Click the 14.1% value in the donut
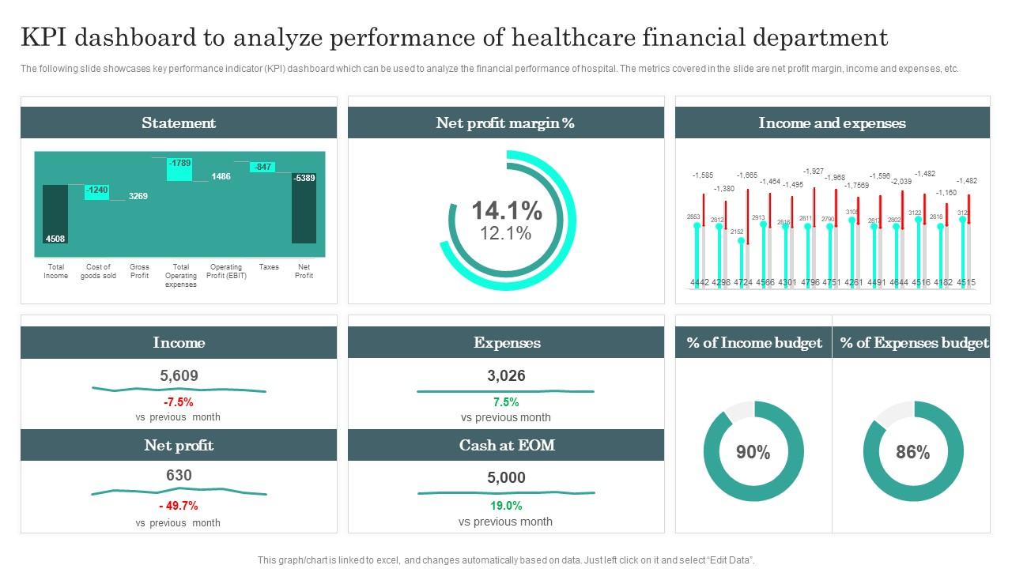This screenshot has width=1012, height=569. [507, 211]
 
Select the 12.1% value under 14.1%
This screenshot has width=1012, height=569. [506, 234]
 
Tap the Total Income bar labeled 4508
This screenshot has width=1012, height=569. [55, 214]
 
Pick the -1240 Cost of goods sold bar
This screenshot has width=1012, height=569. [97, 190]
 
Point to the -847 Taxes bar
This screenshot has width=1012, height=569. [262, 167]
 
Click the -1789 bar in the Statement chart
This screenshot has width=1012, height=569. [179, 169]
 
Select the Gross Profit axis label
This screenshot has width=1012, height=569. [139, 271]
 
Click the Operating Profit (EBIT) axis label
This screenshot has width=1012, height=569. [225, 271]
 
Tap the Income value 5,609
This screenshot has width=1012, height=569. [179, 376]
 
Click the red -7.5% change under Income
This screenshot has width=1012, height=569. [179, 402]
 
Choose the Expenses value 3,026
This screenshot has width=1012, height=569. [506, 376]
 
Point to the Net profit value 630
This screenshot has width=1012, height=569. [179, 476]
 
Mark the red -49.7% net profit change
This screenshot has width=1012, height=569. [179, 506]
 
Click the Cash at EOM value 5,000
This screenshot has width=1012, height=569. [506, 477]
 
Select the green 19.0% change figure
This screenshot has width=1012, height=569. [506, 506]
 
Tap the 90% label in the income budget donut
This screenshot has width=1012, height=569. [753, 452]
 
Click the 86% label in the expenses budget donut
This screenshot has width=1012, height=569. [912, 452]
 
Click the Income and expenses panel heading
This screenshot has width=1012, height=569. [832, 123]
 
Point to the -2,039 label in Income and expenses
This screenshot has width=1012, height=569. [901, 182]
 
